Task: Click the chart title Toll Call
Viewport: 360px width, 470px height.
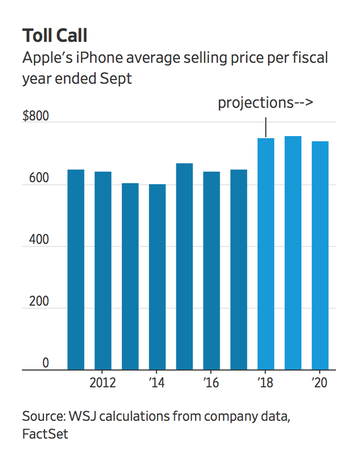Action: [55, 35]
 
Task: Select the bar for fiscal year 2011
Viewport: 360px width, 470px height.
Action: [76, 270]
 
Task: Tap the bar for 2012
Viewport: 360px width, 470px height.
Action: [103, 271]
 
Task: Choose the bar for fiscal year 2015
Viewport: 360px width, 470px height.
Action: [184, 267]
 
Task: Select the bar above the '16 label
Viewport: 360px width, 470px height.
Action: [211, 271]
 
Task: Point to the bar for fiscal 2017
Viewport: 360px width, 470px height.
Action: [239, 270]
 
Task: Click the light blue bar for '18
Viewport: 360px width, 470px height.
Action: [266, 254]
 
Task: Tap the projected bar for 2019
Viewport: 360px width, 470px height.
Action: [293, 253]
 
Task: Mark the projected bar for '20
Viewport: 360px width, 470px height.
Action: [319, 256]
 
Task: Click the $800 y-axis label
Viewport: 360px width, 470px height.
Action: [36, 117]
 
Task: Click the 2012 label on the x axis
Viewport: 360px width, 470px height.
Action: [103, 383]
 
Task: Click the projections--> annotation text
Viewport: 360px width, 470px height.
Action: [265, 103]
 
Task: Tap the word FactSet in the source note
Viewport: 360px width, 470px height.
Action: [45, 434]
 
